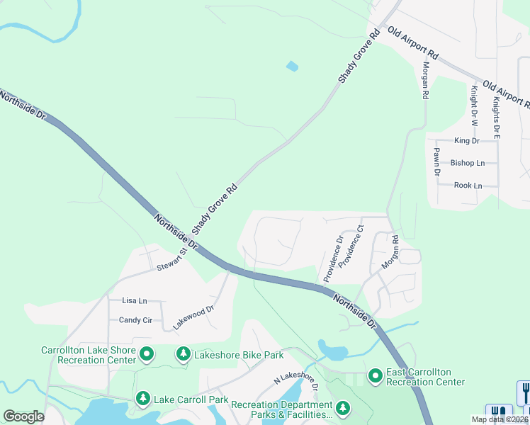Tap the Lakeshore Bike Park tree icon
tap(184, 353)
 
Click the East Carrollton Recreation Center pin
tap(376, 375)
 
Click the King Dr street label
tap(467, 141)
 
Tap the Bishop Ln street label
tap(468, 163)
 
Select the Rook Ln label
tap(468, 186)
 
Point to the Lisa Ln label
tap(134, 300)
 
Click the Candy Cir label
tap(135, 320)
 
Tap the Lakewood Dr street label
tap(193, 319)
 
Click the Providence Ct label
tap(351, 246)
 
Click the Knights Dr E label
tap(497, 113)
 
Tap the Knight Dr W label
tap(474, 106)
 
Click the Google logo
tap(23, 416)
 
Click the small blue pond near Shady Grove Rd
tap(292, 67)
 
